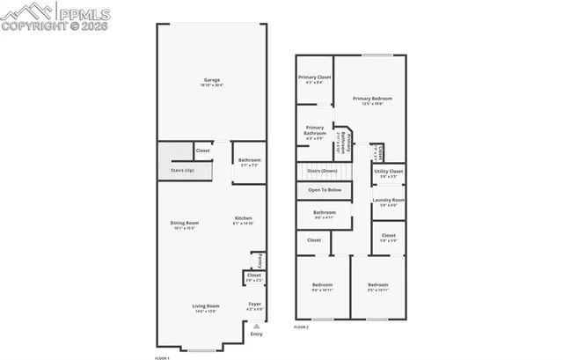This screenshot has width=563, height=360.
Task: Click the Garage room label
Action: point(212,80)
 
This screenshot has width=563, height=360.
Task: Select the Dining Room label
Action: point(185,224)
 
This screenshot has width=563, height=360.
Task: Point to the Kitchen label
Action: point(244,219)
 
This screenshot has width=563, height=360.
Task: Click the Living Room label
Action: point(205,307)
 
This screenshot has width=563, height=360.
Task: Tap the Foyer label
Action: point(254,305)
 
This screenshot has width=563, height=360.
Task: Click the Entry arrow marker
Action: point(256,326)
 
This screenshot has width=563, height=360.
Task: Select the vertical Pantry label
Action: point(260,261)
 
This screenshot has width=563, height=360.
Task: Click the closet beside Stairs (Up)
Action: point(203,151)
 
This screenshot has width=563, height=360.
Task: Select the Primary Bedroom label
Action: point(372,99)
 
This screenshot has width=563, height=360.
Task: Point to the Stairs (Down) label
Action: point(322,171)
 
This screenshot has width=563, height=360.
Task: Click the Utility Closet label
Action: point(388,173)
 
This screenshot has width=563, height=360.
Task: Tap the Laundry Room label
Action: point(388,202)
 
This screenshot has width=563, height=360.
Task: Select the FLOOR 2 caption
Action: point(301,327)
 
